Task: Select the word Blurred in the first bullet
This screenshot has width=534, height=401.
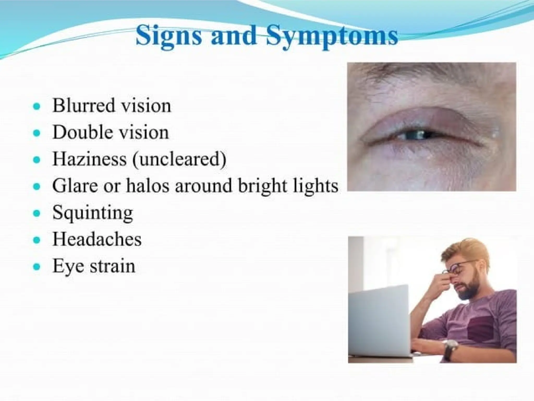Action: point(83,106)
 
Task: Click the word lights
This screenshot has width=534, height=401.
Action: point(315,186)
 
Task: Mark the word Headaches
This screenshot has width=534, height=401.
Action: point(97,239)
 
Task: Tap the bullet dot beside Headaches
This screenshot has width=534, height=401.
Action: point(37,239)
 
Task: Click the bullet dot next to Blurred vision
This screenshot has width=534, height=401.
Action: point(37,106)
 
